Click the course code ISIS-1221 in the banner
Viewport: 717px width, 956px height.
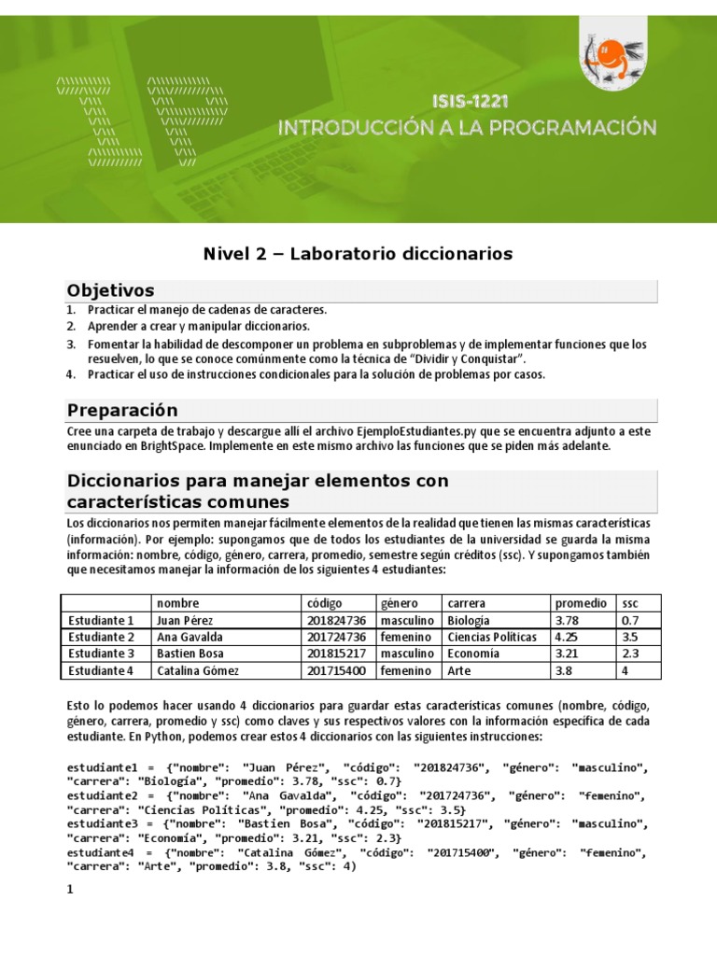pyautogui.click(x=471, y=100)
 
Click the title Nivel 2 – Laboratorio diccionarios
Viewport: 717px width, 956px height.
pyautogui.click(x=358, y=254)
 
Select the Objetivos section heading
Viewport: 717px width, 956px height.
pyautogui.click(x=110, y=290)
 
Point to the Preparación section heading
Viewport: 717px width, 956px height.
pyautogui.click(x=122, y=411)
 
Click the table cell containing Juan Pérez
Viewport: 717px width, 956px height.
pyautogui.click(x=185, y=620)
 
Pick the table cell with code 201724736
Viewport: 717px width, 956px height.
pyautogui.click(x=336, y=637)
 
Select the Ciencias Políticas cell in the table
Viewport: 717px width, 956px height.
pyautogui.click(x=492, y=637)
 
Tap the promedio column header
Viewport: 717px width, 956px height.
pyautogui.click(x=580, y=603)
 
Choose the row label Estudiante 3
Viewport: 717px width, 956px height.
pyautogui.click(x=101, y=654)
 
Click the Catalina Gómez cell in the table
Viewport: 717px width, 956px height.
pyautogui.click(x=198, y=670)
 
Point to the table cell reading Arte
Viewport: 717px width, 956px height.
pyautogui.click(x=458, y=670)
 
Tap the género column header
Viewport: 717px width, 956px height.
pyautogui.click(x=400, y=603)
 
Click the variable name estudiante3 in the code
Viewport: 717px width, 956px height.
pyautogui.click(x=103, y=824)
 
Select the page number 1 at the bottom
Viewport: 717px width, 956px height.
pyautogui.click(x=69, y=891)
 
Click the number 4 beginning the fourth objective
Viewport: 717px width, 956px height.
pyautogui.click(x=70, y=374)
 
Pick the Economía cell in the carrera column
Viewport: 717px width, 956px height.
pyautogui.click(x=473, y=654)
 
